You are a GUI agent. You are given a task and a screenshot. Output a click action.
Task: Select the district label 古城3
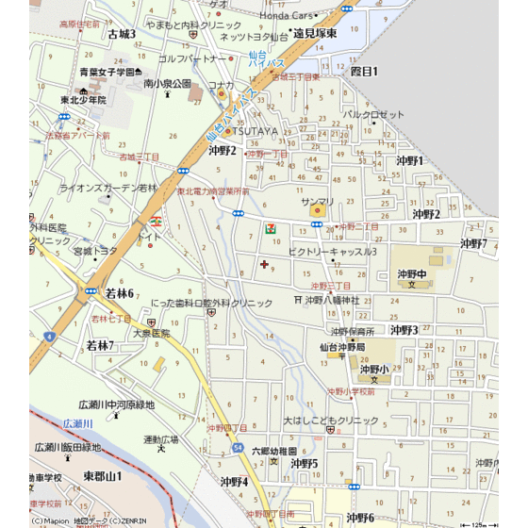coord(122,34)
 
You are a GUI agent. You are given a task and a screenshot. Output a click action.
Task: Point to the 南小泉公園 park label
coord(167,84)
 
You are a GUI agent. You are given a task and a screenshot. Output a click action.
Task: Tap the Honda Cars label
coord(287,16)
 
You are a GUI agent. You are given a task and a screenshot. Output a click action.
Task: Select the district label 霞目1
coord(364,71)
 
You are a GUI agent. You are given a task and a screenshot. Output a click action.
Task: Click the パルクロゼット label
coord(372,114)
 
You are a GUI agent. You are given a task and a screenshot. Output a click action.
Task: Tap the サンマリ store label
coord(317,202)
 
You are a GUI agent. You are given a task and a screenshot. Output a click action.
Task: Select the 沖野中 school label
coord(413,273)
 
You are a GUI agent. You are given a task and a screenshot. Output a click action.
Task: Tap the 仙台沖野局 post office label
coord(342,347)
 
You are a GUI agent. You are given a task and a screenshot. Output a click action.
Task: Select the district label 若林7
coord(100,346)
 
